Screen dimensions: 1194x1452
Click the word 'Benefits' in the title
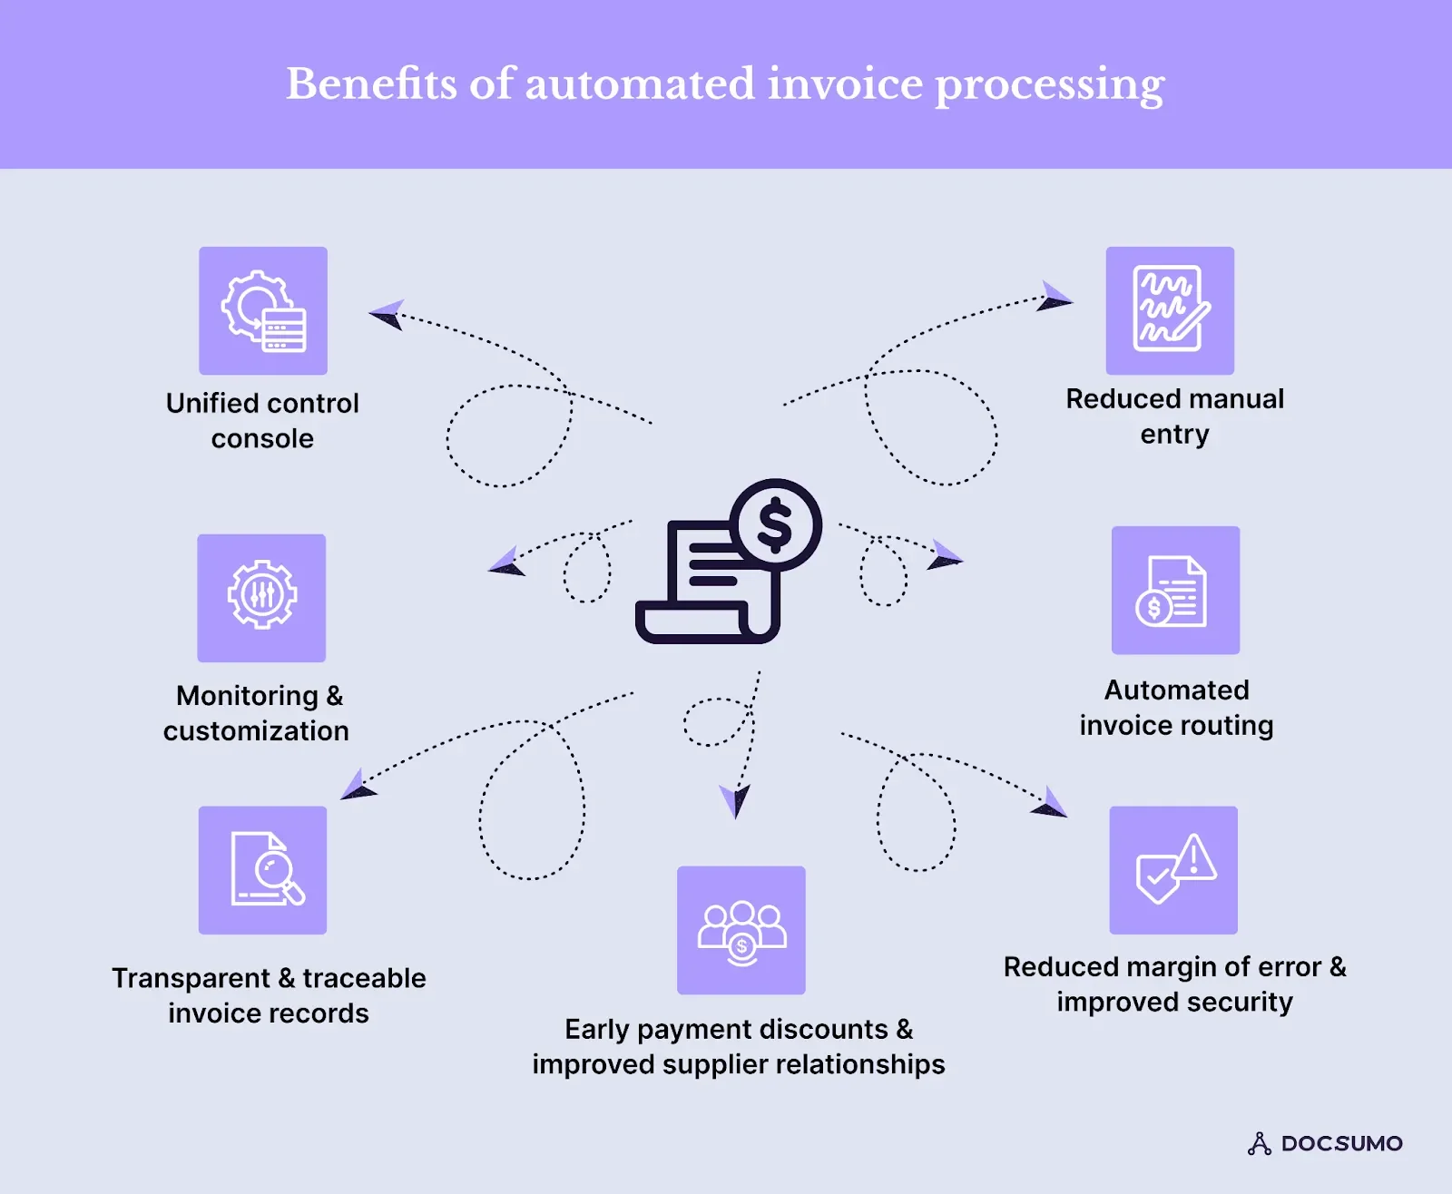coord(371,84)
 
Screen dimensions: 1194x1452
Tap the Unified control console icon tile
coord(263,310)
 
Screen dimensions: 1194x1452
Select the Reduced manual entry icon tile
coord(1170,310)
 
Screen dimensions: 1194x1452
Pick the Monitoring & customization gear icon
coord(261,596)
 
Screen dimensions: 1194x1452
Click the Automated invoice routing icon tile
coord(1175,591)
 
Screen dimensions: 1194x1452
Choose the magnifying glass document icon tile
coord(263,870)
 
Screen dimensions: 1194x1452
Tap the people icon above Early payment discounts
coord(741,930)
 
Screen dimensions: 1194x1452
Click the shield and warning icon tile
coord(1173,870)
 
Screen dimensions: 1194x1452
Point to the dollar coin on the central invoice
coord(776,524)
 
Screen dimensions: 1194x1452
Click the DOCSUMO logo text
coord(1341,1143)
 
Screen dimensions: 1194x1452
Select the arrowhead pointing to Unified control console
coord(387,314)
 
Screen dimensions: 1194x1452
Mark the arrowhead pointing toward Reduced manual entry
coord(1055,298)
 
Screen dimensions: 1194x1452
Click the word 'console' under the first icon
coord(262,439)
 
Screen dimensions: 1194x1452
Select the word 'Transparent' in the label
coord(191,978)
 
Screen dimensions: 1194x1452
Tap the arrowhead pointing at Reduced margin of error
coord(1051,804)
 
